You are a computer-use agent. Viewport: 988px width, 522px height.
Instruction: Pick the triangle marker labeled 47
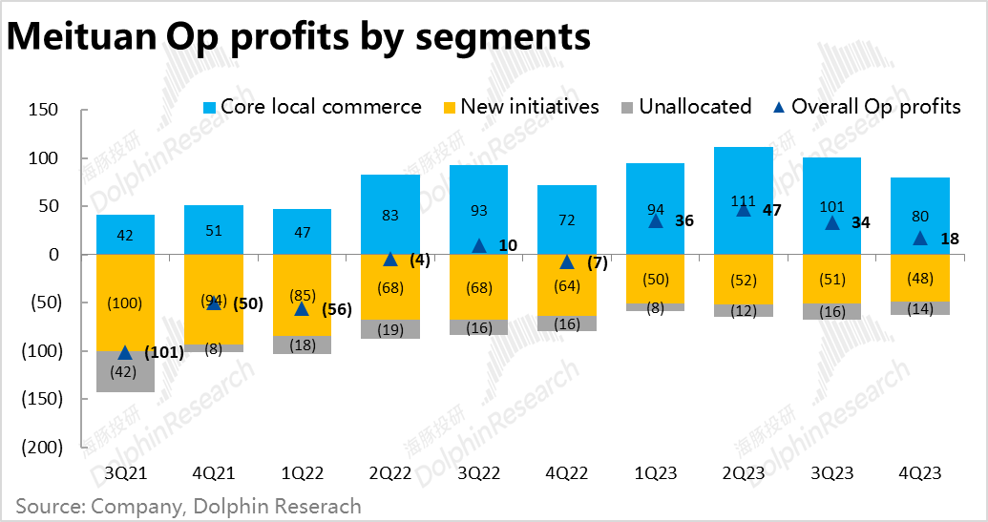pos(744,209)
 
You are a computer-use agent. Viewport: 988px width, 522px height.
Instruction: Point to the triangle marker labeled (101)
pos(125,352)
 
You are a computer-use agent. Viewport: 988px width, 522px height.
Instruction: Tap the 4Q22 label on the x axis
pos(566,473)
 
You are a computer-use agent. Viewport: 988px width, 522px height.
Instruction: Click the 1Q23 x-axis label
pos(655,473)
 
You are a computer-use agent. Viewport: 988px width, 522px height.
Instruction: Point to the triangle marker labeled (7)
pos(566,261)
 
